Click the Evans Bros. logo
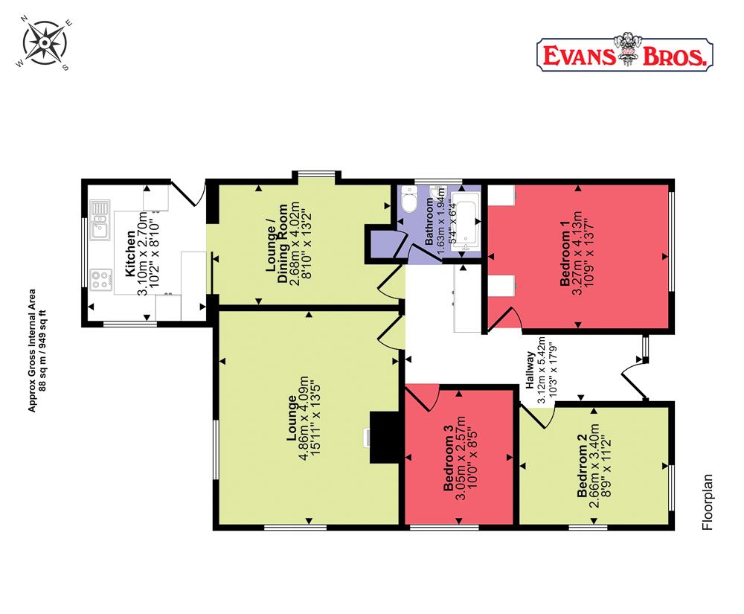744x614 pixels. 624,53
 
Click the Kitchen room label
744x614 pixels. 130,254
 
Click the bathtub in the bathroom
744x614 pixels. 467,223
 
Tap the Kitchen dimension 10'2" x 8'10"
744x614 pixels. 155,254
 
